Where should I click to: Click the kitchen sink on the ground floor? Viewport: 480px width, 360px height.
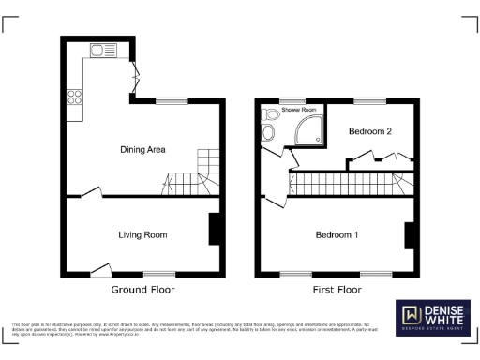98,49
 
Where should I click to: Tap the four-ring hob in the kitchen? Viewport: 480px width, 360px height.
75,96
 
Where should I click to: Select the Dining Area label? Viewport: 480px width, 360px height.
142,149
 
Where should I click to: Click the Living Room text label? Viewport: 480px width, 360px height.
142,234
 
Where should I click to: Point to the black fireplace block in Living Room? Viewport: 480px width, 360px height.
215,229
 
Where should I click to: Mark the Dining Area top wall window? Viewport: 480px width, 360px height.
170,100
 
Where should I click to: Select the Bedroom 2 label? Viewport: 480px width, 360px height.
370,132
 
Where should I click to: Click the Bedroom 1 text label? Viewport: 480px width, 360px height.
337,234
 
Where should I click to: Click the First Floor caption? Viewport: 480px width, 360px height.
337,291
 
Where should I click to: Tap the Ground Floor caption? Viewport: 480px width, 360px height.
142,291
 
